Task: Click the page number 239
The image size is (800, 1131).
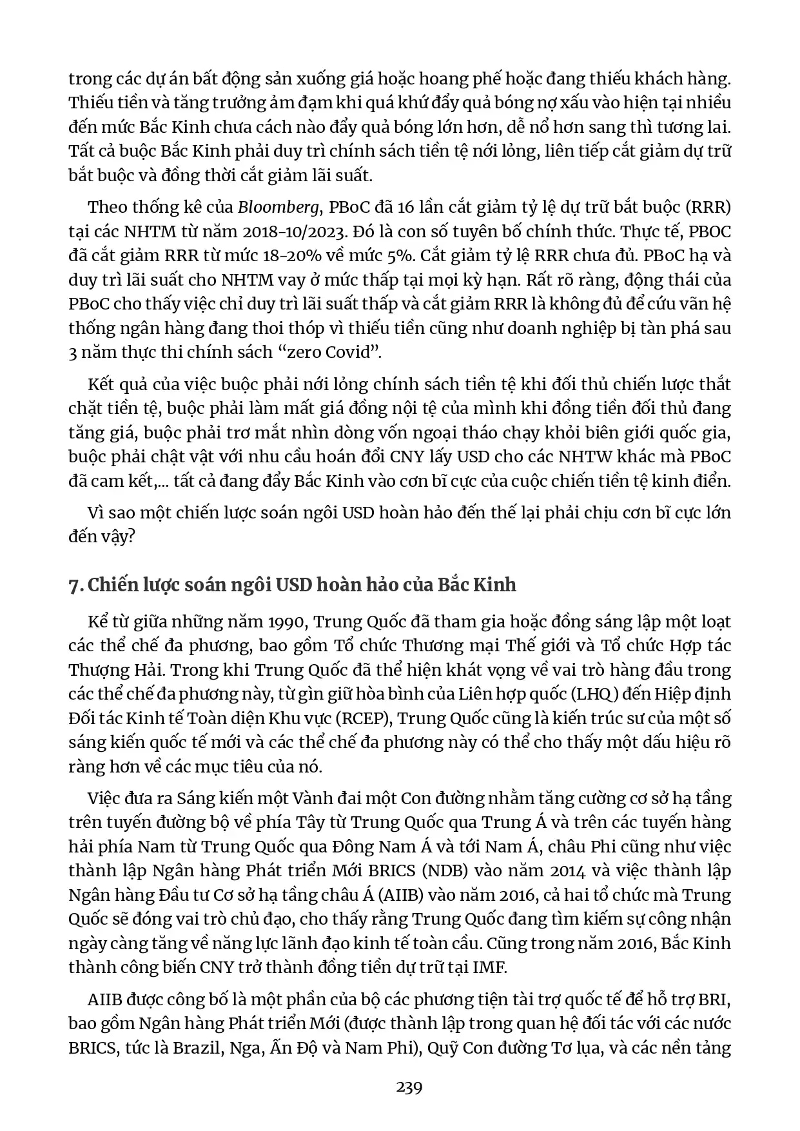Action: tap(409, 1088)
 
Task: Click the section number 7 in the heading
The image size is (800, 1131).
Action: tap(73, 585)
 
